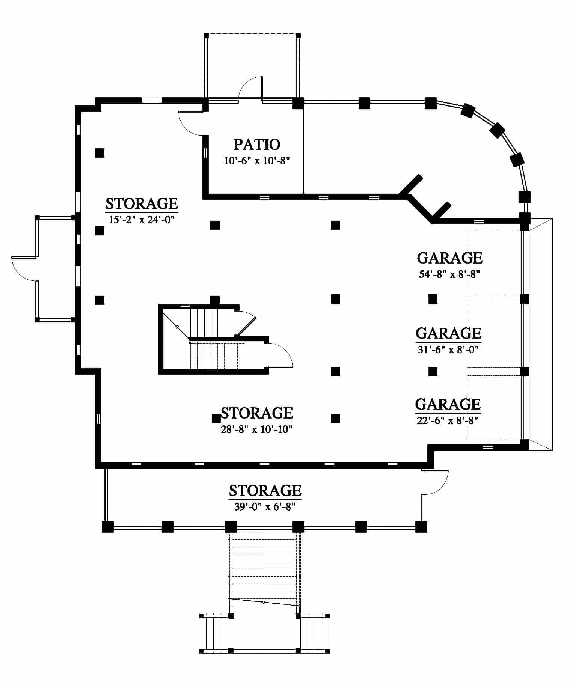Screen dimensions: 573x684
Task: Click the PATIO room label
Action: tap(257, 144)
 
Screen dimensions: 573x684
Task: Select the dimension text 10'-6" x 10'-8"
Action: tap(257, 161)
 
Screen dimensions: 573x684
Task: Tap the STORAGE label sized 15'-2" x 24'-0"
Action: tap(142, 203)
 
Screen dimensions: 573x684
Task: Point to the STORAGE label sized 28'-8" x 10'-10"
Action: tap(257, 413)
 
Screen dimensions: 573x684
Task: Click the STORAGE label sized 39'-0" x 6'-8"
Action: tap(265, 490)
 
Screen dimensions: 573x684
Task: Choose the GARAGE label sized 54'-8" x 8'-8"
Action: tap(449, 258)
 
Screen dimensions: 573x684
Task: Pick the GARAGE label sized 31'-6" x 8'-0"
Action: tap(448, 333)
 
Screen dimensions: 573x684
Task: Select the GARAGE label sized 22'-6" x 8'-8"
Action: tap(448, 404)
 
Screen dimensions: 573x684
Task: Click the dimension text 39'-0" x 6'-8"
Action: tap(265, 507)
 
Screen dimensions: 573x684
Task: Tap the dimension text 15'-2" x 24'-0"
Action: tap(142, 220)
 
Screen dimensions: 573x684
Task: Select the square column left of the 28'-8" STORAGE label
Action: tap(216, 419)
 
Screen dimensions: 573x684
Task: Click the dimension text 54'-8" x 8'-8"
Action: tap(450, 274)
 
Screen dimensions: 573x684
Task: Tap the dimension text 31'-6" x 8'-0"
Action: tap(448, 350)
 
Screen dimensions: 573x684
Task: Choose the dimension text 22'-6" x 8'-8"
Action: tap(448, 421)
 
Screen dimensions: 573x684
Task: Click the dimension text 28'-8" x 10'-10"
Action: tap(257, 429)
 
